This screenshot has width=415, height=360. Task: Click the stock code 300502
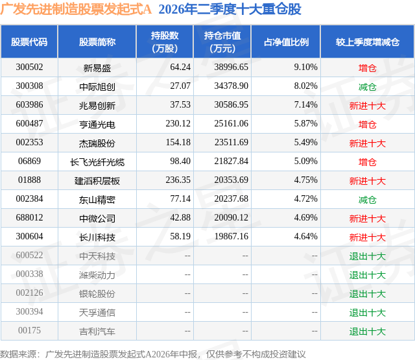[29, 67]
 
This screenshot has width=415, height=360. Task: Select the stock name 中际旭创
[97, 86]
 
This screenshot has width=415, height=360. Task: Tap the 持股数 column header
[165, 42]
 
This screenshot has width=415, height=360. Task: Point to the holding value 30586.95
[231, 105]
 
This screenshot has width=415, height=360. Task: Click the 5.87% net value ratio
[305, 124]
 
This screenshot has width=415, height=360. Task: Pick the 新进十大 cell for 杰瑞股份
[368, 143]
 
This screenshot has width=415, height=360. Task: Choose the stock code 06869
[29, 162]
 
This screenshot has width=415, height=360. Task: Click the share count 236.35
[178, 180]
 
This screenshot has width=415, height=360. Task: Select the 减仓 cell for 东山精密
[368, 200]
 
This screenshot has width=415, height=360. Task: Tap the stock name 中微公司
[97, 219]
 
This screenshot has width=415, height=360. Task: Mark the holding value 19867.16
[231, 236]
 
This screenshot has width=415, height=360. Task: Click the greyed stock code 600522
[29, 255]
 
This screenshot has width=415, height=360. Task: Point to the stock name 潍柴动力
[97, 275]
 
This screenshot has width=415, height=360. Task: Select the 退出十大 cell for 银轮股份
[368, 294]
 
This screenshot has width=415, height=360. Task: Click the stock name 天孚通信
[97, 313]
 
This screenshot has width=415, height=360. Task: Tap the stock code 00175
[29, 330]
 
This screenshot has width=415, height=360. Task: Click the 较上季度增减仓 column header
[368, 42]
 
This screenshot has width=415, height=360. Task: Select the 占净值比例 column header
[286, 42]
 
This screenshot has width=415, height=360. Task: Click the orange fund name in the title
[76, 9]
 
